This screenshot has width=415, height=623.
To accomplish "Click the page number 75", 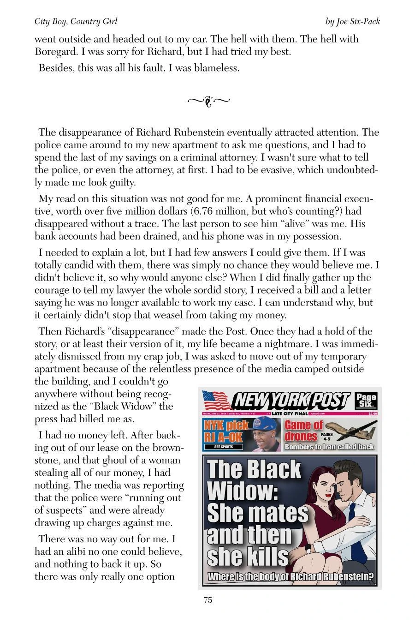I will (x=207, y=600).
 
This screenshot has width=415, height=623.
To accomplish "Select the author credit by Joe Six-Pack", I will (x=352, y=22).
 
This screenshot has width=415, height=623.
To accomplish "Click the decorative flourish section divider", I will (x=208, y=101).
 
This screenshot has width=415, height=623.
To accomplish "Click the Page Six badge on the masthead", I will (x=366, y=401).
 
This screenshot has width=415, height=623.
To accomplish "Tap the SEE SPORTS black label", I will (x=224, y=447).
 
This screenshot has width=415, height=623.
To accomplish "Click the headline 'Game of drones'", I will (x=303, y=431).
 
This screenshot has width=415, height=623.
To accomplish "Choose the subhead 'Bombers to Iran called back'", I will (x=329, y=447).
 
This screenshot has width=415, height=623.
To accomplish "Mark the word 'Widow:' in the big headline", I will (x=242, y=491).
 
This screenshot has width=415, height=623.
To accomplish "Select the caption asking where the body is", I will (x=290, y=577).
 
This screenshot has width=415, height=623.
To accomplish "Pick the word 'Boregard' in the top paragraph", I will (x=56, y=52).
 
